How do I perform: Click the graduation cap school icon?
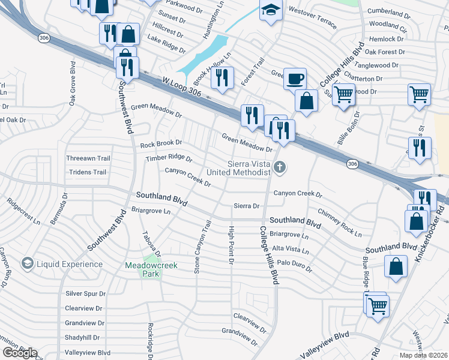[x=271, y=10]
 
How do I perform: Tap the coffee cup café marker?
[x=294, y=78]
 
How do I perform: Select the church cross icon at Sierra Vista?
[x=279, y=166]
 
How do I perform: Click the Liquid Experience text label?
[x=70, y=264]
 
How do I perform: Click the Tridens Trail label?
[x=87, y=172]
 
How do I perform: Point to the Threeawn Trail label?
[x=88, y=158]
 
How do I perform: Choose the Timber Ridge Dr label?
[x=169, y=158]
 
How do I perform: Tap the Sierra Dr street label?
[x=247, y=206]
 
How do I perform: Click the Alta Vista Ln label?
[x=290, y=249]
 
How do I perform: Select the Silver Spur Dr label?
[x=85, y=293]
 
